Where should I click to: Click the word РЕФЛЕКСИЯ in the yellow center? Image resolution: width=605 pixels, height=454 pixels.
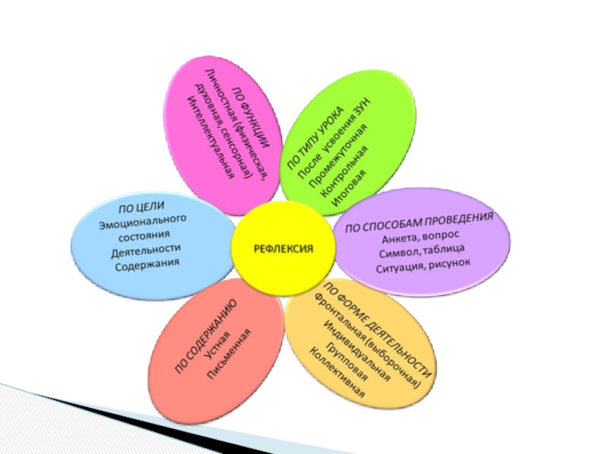(283, 248)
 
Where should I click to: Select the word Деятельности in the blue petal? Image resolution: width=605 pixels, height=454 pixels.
(146, 249)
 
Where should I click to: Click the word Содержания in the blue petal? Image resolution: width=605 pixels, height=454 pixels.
(148, 264)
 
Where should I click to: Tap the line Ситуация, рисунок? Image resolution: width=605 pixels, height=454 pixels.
(423, 266)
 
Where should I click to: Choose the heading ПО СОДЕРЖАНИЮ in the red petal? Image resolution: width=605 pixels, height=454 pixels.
(206, 336)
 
